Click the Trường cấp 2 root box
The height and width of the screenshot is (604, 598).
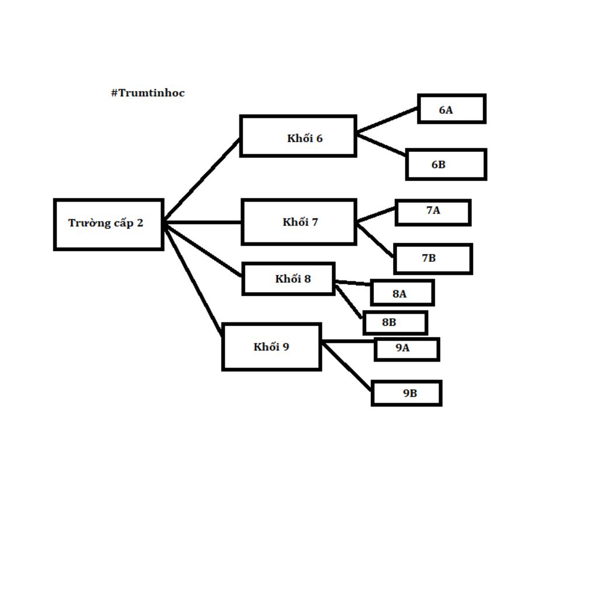[109, 224]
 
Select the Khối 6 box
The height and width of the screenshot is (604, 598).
[298, 136]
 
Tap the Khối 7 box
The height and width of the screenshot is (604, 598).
[298, 222]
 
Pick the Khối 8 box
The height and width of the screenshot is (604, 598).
[288, 279]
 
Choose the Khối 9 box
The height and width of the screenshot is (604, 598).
[272, 347]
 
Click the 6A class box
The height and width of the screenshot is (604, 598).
[451, 109]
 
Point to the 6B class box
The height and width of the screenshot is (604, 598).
[446, 165]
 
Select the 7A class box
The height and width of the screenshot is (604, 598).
[433, 213]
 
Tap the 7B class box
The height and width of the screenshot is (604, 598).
[433, 259]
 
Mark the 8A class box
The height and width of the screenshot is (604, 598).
[402, 293]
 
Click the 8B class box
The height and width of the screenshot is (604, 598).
[395, 322]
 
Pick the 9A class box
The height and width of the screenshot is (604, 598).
[406, 349]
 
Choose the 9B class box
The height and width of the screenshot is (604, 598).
[406, 393]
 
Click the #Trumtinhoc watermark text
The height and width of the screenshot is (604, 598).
[148, 93]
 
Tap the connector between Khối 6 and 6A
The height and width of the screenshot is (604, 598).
[387, 120]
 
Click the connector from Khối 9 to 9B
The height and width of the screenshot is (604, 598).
[346, 366]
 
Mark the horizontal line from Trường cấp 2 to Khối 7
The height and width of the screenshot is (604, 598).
[203, 222]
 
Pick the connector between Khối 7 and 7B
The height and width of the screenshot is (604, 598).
[375, 240]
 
